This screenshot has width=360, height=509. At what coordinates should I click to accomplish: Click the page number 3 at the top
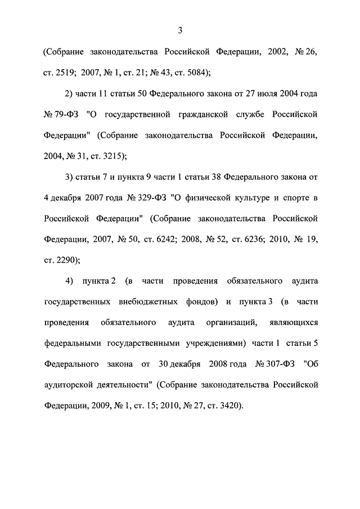(x=180, y=30)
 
